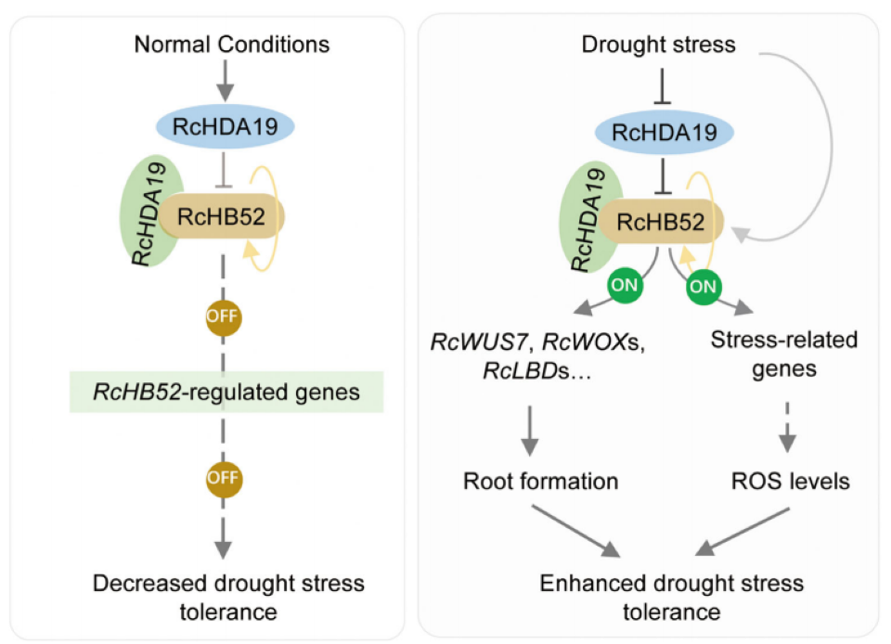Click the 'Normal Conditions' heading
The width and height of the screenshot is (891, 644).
click(231, 44)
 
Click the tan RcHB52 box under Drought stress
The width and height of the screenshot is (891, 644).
click(660, 222)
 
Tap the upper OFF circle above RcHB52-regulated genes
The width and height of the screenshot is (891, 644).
click(224, 316)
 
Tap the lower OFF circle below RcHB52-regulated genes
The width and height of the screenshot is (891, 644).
click(224, 478)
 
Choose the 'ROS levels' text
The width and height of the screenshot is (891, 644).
click(789, 482)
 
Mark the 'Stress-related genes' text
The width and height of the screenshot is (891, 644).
click(783, 354)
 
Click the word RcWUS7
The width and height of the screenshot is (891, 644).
click(464, 341)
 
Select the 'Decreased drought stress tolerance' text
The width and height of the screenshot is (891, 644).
click(229, 598)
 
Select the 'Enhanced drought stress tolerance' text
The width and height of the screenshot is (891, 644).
click(660, 598)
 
